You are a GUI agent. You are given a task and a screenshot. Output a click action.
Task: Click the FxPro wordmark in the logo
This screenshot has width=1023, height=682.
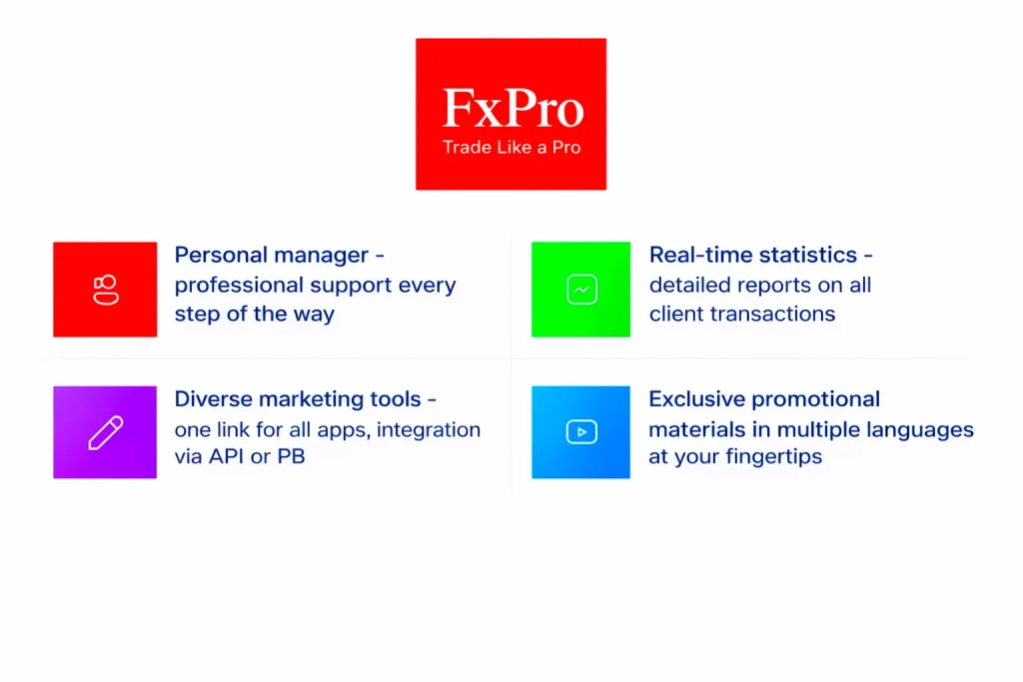(x=512, y=108)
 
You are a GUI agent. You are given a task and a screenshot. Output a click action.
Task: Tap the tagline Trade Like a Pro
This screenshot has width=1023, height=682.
(x=511, y=148)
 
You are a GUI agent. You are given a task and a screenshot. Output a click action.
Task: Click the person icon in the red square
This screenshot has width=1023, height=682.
(x=106, y=290)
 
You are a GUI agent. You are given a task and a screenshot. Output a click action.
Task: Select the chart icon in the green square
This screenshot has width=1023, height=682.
(x=582, y=290)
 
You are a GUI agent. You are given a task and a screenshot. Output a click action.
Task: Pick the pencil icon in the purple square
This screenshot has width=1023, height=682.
(x=106, y=432)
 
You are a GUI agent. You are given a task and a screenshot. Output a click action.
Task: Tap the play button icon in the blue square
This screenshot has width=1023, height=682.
(x=581, y=431)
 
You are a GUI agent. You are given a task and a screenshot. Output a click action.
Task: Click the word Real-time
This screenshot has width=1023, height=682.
(x=696, y=255)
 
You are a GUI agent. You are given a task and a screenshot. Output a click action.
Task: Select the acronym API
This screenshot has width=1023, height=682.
(x=227, y=456)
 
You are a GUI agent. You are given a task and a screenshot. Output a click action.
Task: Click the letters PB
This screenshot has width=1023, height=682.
(x=291, y=456)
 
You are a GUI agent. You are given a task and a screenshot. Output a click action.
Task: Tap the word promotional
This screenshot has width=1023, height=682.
(x=810, y=400)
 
